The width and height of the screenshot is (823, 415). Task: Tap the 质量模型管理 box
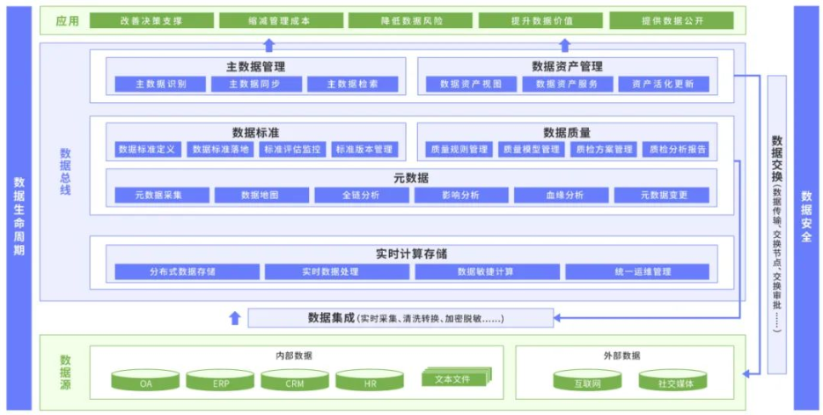[x=531, y=150]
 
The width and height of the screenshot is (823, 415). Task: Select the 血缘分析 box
[x=562, y=196]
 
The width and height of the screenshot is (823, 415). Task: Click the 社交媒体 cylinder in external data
[x=672, y=382]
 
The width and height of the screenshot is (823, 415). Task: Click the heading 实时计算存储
[x=411, y=254]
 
